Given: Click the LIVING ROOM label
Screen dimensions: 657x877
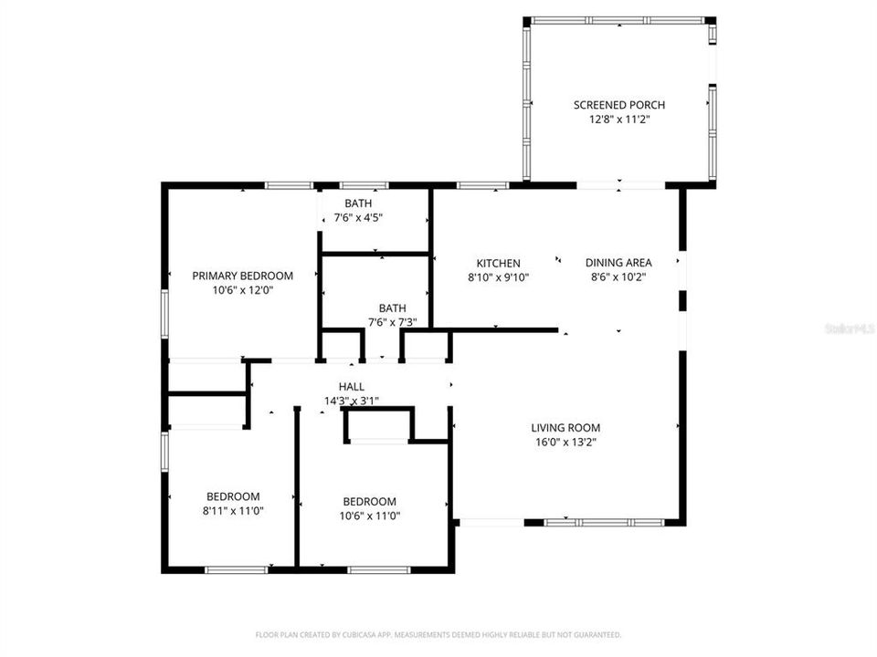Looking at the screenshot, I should [565, 427].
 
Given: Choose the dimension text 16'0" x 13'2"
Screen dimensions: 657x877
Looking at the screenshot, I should [565, 442].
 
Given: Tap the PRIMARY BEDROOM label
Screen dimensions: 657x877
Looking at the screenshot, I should [242, 276].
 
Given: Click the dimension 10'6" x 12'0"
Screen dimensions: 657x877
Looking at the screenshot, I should [242, 290].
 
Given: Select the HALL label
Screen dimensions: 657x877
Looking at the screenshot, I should [352, 387].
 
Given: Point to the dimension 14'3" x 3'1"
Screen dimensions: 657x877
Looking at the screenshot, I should [352, 401].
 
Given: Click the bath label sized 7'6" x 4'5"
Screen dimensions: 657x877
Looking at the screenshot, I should [358, 203].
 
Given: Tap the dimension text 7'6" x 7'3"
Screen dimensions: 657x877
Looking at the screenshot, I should [392, 322].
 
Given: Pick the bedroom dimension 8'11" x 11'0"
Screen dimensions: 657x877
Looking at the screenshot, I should [232, 511].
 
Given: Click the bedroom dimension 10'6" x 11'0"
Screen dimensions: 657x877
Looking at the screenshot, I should [369, 516].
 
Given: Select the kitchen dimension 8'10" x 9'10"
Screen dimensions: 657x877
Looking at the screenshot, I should [498, 277].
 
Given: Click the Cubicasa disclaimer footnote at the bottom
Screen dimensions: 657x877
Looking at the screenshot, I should [438, 634].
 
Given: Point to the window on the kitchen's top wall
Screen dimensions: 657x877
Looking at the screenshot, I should [482, 185].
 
